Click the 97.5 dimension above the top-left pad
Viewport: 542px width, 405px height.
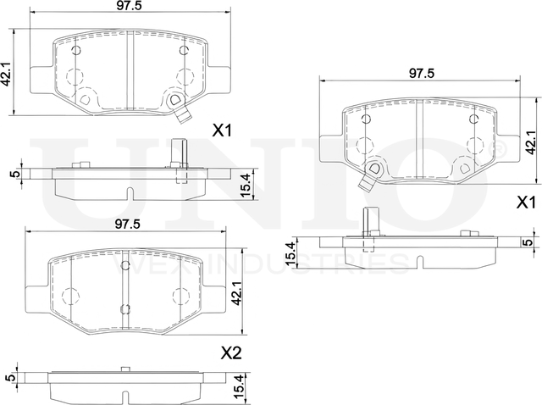point(129,6)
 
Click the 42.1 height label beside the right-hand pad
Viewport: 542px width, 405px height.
point(531,143)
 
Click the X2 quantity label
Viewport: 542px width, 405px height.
point(231,353)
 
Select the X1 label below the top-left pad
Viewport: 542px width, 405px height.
point(222,130)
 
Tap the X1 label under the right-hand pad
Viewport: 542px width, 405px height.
point(526,203)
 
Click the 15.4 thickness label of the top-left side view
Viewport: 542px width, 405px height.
point(246,186)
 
